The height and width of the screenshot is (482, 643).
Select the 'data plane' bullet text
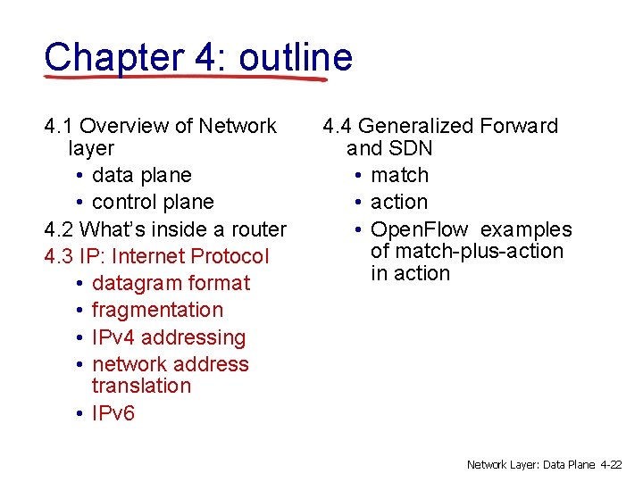[141, 175]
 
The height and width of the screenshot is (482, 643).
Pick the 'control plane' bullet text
[153, 202]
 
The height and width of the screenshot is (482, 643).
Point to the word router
[254, 229]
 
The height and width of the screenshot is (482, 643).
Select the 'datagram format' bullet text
[171, 283]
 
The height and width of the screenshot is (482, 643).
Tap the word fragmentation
[157, 310]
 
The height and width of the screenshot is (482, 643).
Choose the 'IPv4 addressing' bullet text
[169, 337]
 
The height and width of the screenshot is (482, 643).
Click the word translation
[141, 386]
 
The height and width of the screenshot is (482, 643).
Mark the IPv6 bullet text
[113, 412]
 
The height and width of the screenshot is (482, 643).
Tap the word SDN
[410, 147]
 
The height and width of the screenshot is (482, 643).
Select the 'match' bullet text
[399, 175]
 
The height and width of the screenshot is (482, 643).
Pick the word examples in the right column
[526, 229]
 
